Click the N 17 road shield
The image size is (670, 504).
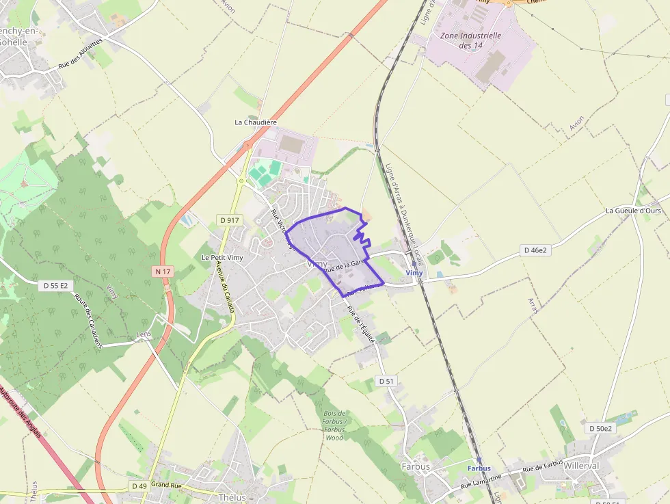coord(162,271)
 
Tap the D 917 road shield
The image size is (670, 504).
coord(230,220)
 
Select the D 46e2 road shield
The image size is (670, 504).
coord(536,250)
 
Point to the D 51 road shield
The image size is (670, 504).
coord(386,381)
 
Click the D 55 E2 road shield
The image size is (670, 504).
coord(55,285)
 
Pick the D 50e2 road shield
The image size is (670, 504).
coord(601,428)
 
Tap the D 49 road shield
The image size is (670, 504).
coord(139,486)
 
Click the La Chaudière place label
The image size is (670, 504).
coord(256,122)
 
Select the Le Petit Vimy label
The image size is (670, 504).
coord(222,258)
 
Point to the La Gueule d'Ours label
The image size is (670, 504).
coord(633,211)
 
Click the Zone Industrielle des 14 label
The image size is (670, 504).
coord(471,40)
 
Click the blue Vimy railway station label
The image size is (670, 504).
coord(414,273)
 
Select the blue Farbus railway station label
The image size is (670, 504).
coord(479,468)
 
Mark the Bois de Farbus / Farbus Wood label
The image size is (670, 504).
coord(335,425)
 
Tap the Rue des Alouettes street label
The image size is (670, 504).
coord(80,53)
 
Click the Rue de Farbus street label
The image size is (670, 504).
coord(543,466)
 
